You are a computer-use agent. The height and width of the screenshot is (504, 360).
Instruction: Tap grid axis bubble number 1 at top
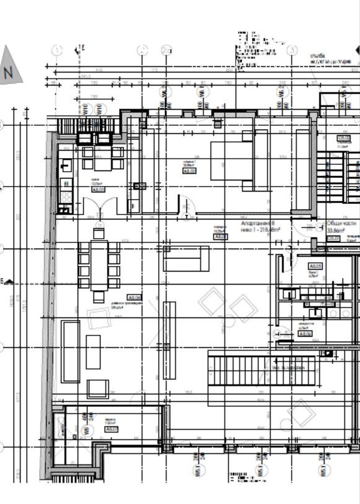tap(57, 50)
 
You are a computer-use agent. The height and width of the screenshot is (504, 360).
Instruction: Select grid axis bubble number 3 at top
tap(292, 50)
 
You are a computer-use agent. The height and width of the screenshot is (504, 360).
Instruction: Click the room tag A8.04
tap(134, 298)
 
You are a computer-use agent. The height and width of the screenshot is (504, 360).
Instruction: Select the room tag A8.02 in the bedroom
tap(190, 171)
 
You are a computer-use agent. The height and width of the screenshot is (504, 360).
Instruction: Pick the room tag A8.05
tap(315, 266)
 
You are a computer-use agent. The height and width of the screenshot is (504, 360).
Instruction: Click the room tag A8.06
tap(305, 334)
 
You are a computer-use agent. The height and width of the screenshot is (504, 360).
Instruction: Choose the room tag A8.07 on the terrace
tap(112, 429)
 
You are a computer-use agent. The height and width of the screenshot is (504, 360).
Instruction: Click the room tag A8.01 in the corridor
tap(221, 237)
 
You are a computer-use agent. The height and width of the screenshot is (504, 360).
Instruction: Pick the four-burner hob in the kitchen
tap(66, 197)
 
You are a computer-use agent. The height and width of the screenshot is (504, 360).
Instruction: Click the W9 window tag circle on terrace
tap(87, 429)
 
